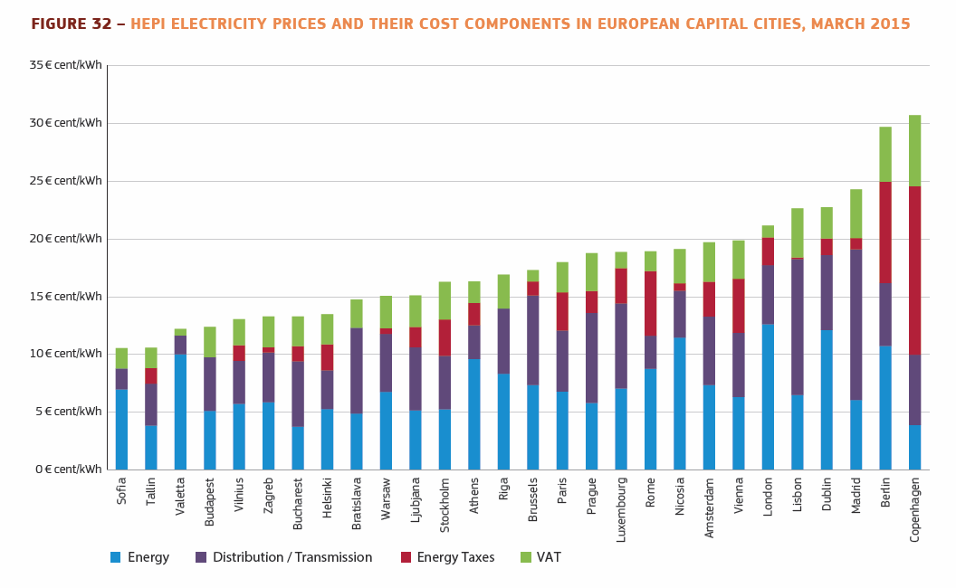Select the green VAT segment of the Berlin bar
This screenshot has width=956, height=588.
(885, 154)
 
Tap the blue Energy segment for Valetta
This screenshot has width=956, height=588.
(180, 412)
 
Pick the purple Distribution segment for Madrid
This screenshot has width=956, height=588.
(856, 324)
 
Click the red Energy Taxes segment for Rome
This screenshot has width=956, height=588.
(650, 303)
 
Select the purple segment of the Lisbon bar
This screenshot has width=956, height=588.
(797, 327)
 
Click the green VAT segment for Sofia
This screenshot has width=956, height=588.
(121, 358)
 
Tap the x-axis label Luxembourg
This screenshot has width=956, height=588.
(621, 510)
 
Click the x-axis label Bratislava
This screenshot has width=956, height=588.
(357, 504)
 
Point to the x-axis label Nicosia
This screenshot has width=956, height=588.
(680, 497)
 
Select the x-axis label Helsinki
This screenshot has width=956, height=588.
(327, 498)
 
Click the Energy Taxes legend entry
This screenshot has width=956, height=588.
(455, 557)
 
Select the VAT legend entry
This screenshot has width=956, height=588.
(548, 557)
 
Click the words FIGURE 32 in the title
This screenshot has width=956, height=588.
(72, 24)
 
